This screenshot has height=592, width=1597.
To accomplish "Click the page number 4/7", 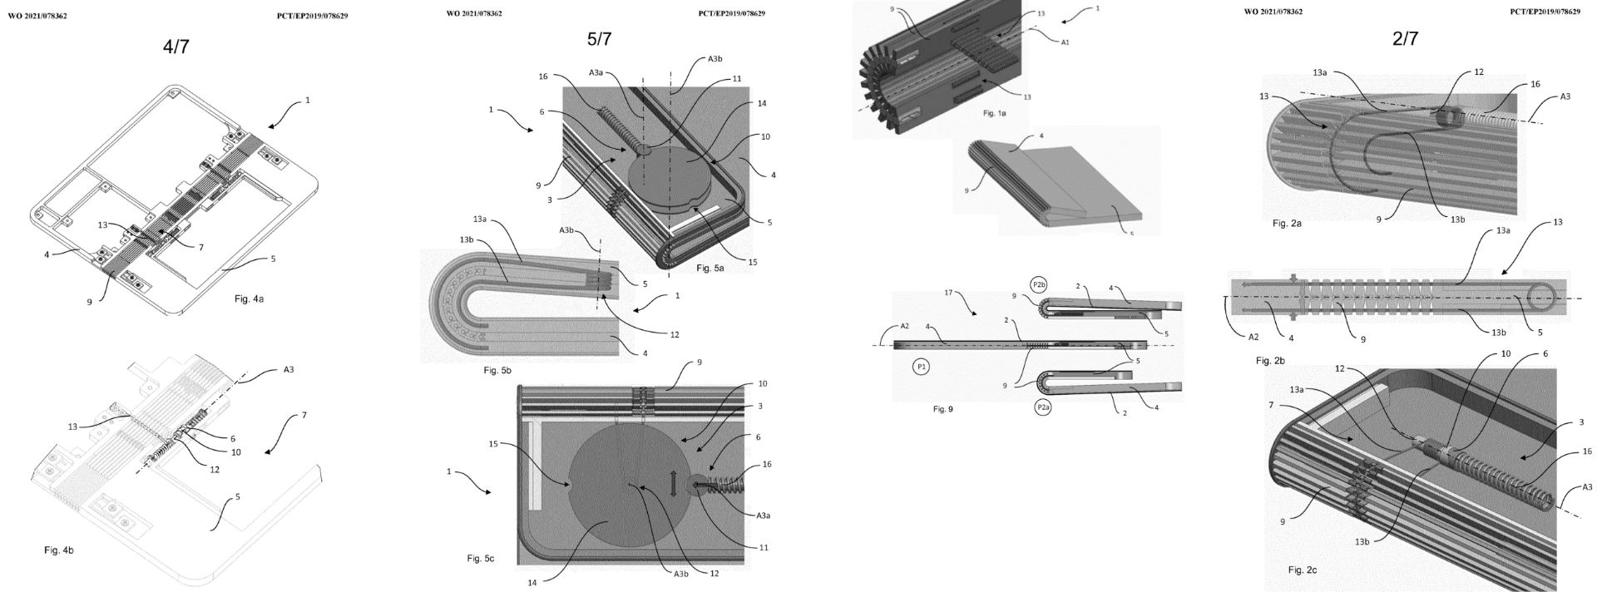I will tap(176, 47).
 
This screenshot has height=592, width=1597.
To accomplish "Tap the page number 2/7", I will tap(1404, 39).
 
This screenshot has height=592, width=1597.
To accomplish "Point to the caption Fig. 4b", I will tap(64, 550).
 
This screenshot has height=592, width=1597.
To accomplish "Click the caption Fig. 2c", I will tap(1302, 570).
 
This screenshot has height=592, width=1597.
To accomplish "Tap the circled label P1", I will tap(921, 365).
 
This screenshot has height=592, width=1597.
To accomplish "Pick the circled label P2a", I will tap(1042, 407).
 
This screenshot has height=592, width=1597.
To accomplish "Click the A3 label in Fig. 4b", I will tap(288, 369).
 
